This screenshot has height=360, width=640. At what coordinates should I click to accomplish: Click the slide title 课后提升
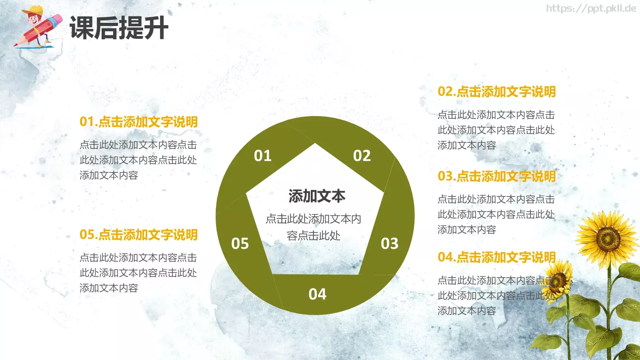click(119, 28)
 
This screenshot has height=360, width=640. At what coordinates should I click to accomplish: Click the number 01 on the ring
click(262, 156)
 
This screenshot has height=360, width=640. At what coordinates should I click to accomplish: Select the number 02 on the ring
click(362, 156)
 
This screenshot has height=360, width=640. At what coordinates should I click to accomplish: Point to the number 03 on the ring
click(389, 243)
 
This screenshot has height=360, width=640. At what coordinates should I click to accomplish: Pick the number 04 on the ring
click(317, 294)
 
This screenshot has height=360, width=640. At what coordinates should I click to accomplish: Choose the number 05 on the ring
click(240, 243)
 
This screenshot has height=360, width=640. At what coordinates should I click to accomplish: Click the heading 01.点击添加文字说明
click(138, 122)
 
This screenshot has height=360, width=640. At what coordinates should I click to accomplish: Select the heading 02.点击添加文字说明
click(496, 92)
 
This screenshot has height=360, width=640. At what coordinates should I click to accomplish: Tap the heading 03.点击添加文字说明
click(496, 176)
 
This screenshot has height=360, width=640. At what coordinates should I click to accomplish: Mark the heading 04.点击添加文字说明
click(496, 257)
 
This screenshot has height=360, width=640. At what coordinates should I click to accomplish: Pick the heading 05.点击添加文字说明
click(138, 234)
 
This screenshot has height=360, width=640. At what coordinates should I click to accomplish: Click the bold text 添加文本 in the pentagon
click(317, 196)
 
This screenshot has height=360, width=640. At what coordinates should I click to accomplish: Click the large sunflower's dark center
click(608, 238)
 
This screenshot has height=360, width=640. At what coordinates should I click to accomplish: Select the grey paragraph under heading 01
click(138, 160)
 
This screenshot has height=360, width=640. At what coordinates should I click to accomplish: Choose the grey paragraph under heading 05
click(138, 273)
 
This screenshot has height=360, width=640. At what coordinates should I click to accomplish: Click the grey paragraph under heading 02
click(496, 130)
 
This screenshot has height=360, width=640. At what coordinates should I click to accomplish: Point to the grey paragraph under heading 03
click(496, 214)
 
